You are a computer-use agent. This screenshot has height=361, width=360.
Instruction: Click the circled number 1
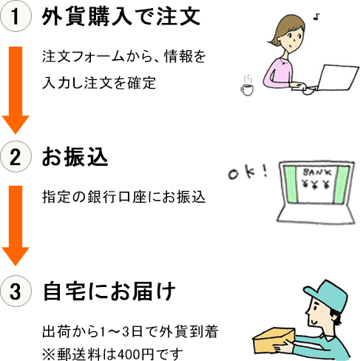16,16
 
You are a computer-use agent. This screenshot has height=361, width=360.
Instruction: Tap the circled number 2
16,157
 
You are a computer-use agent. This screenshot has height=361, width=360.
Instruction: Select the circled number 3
16,291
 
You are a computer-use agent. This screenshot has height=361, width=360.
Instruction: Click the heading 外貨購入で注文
120,16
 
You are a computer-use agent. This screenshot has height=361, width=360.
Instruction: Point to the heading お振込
75,157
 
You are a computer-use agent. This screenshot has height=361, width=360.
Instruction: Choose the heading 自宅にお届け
109,291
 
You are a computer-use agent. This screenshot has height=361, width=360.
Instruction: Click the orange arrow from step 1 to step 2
16,90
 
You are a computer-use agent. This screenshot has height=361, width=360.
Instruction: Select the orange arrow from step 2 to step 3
16,226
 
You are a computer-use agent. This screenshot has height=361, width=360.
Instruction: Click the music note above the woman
316,17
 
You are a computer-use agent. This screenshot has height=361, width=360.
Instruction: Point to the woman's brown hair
283,28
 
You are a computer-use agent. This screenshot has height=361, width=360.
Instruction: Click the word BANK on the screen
317,172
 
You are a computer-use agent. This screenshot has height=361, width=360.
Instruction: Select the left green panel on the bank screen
291,184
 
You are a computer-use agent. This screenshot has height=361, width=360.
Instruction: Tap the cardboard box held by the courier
274,340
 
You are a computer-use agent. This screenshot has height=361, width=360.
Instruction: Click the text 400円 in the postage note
135,354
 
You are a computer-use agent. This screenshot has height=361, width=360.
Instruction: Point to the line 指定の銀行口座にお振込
123,197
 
